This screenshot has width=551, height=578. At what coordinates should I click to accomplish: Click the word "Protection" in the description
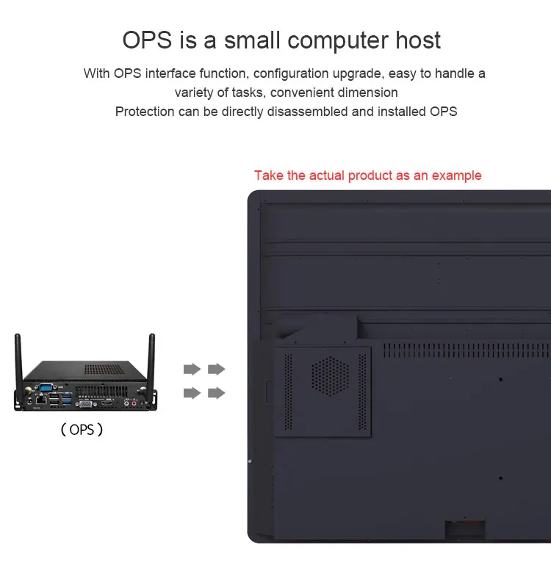(145, 112)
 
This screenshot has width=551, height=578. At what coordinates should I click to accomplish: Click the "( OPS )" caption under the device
(81, 430)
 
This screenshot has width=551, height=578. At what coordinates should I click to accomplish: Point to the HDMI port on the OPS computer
(107, 403)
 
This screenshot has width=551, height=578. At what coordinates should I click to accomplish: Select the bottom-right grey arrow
(216, 393)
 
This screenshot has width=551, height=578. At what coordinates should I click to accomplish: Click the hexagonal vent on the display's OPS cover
(328, 376)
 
